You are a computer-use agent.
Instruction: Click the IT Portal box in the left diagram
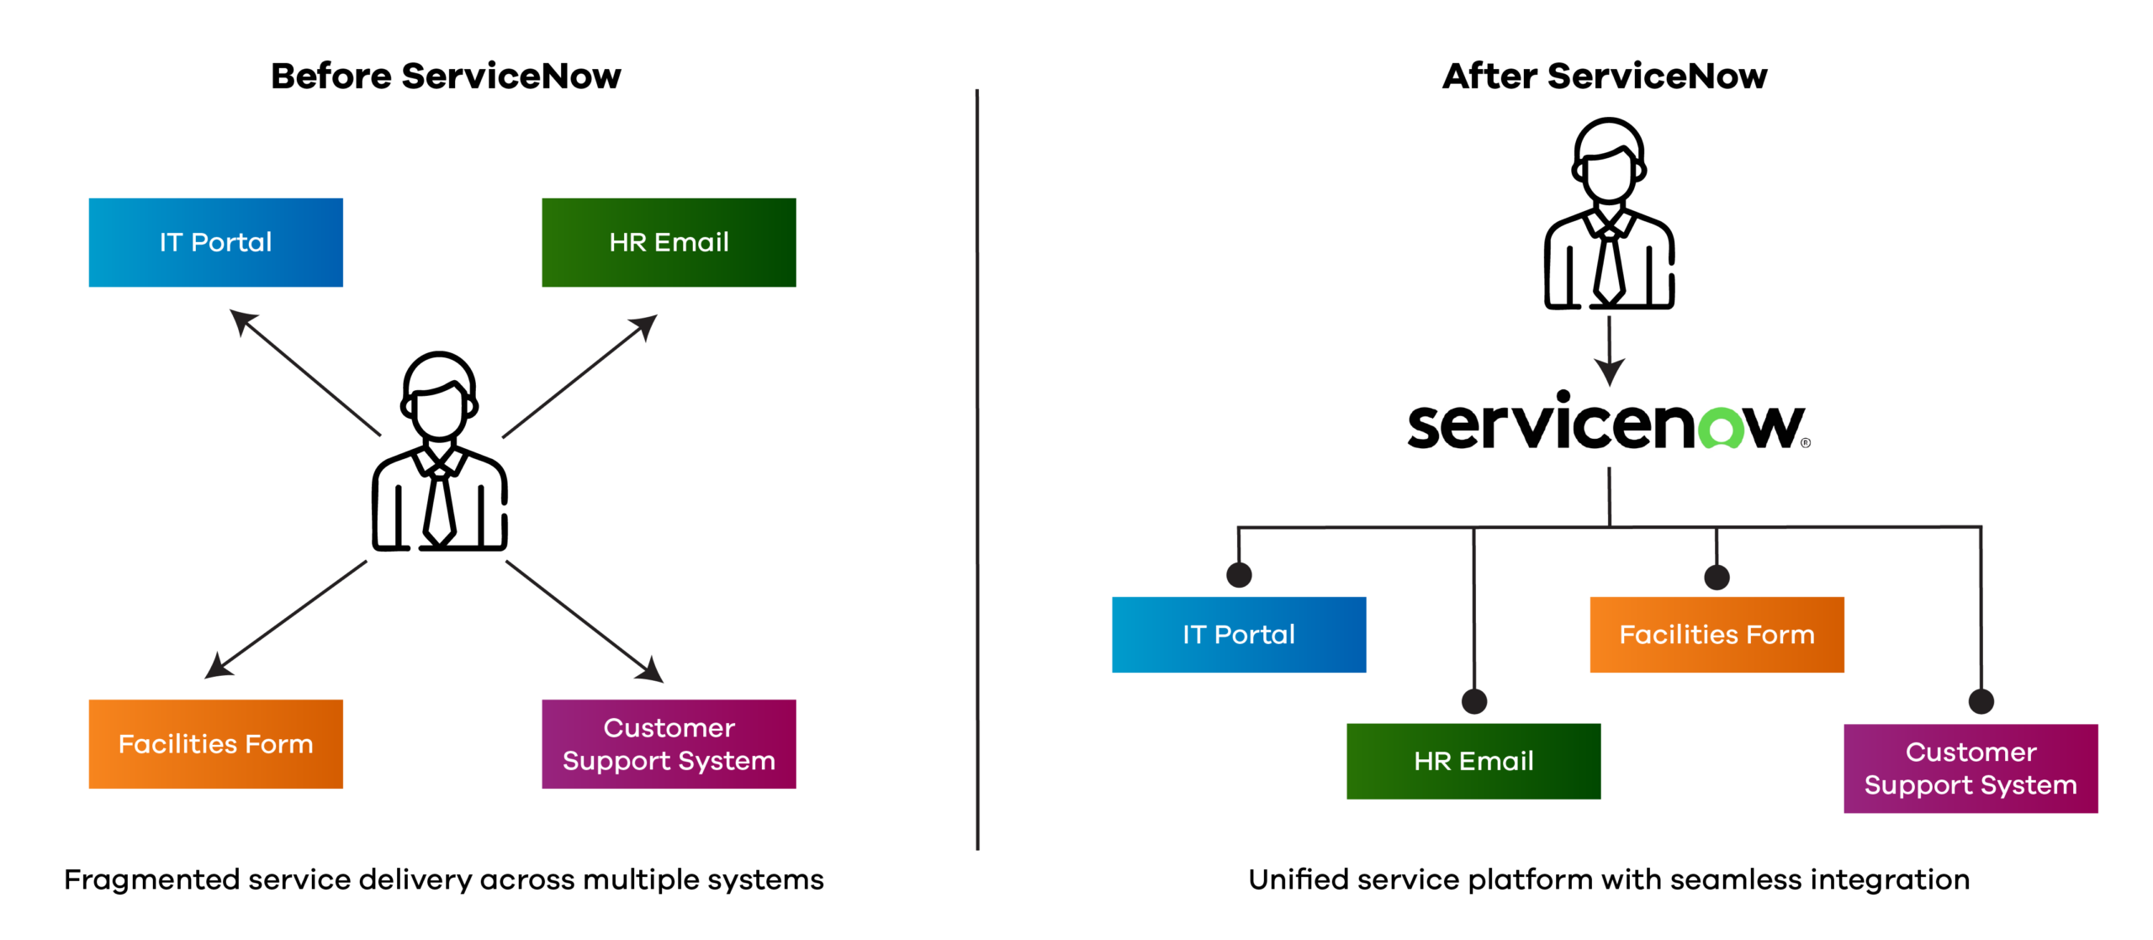pos(215,243)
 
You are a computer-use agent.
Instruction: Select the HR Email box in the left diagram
pos(669,243)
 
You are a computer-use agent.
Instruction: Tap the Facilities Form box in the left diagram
pos(215,744)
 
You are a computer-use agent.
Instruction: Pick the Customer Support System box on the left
pos(669,744)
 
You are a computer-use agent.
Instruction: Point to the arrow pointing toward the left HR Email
pos(579,377)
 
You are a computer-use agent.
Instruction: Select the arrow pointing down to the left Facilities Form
pos(286,619)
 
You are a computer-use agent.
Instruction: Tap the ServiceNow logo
pos(1608,425)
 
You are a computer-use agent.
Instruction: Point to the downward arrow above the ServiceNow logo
pos(1609,349)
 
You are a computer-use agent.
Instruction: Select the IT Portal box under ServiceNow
pos(1238,635)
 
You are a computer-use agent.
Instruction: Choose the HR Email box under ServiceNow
pos(1473,761)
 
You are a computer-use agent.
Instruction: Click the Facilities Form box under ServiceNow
pos(1717,635)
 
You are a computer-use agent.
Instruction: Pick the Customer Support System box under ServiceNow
pos(1970,768)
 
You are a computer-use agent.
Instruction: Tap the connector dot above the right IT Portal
pos(1239,574)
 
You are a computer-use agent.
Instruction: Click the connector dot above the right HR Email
pos(1474,700)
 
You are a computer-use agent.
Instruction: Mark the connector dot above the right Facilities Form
pos(1717,577)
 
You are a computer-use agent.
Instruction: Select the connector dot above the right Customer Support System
pos(1981,700)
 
